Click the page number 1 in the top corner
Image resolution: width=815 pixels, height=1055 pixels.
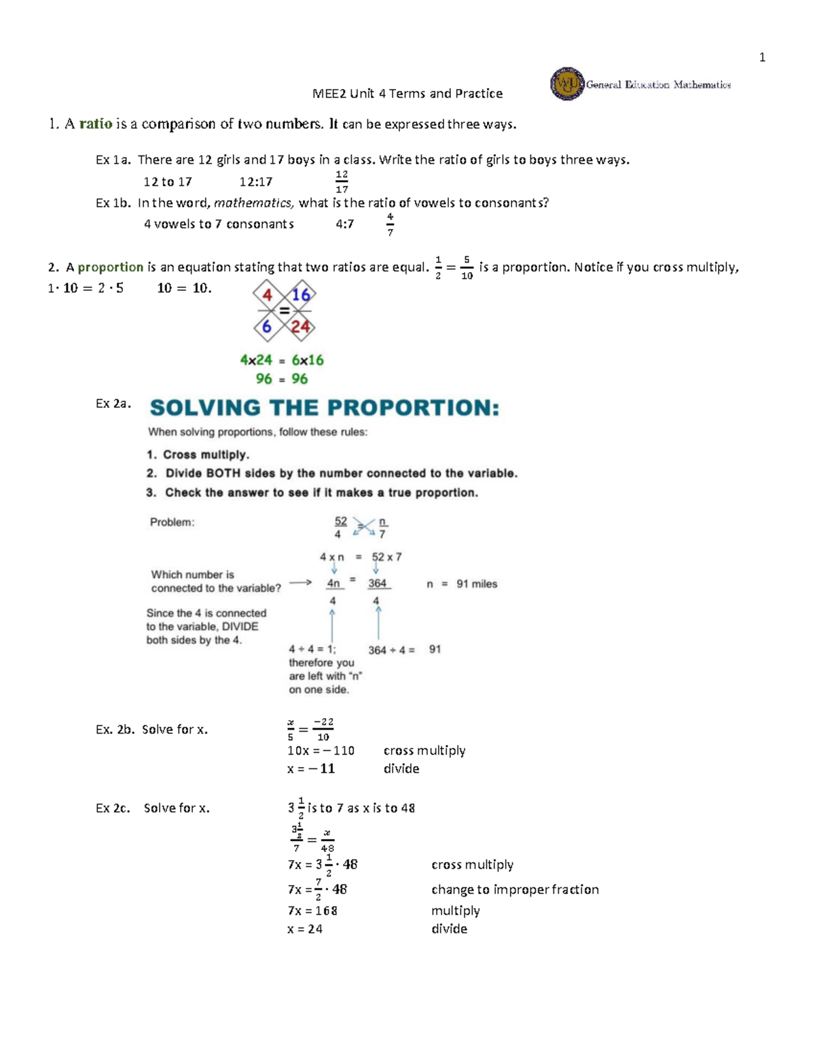(762, 58)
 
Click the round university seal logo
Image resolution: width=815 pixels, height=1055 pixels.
(566, 84)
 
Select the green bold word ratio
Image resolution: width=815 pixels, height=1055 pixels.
(96, 124)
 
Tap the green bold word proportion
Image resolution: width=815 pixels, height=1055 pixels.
(111, 267)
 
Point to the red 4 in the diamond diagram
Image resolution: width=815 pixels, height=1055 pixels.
(268, 295)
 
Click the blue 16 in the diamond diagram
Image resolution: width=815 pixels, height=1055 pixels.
(301, 295)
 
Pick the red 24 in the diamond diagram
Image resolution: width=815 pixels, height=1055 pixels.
(300, 327)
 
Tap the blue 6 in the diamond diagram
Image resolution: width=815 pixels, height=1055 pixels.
(267, 327)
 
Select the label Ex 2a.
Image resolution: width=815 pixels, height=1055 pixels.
(113, 404)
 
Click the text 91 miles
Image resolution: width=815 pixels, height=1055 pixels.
(477, 584)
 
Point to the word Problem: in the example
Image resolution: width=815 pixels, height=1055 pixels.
(172, 522)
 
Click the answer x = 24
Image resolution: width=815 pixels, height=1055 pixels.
(305, 929)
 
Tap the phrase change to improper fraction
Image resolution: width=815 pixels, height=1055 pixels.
(515, 889)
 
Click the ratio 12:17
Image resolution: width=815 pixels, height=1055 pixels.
(256, 182)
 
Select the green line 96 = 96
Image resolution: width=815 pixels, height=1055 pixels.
(282, 379)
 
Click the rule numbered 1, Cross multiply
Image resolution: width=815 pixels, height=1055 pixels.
(198, 454)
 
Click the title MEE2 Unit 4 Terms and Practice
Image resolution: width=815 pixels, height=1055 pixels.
(407, 94)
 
